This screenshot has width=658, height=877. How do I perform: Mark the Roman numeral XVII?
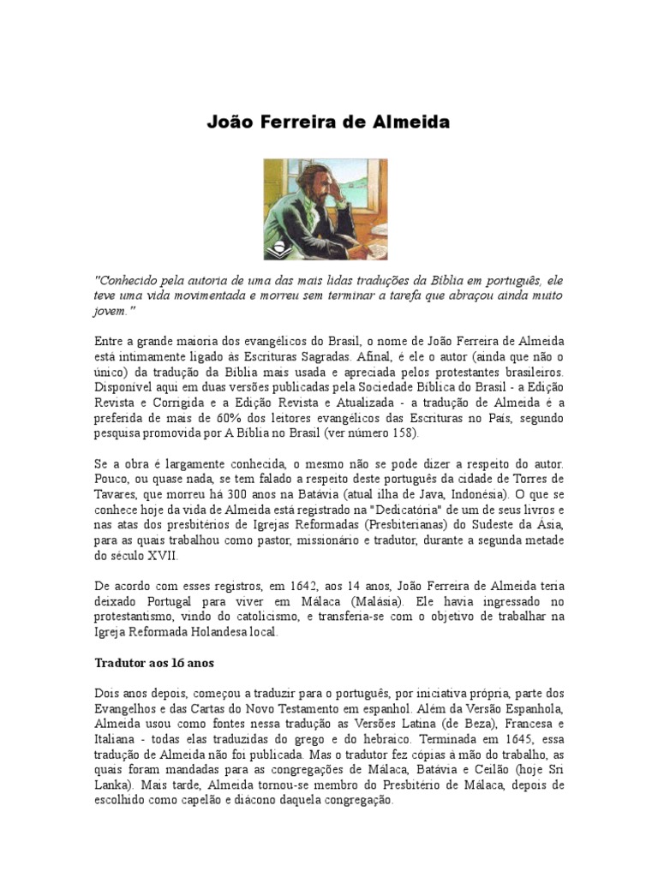tap(155, 555)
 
